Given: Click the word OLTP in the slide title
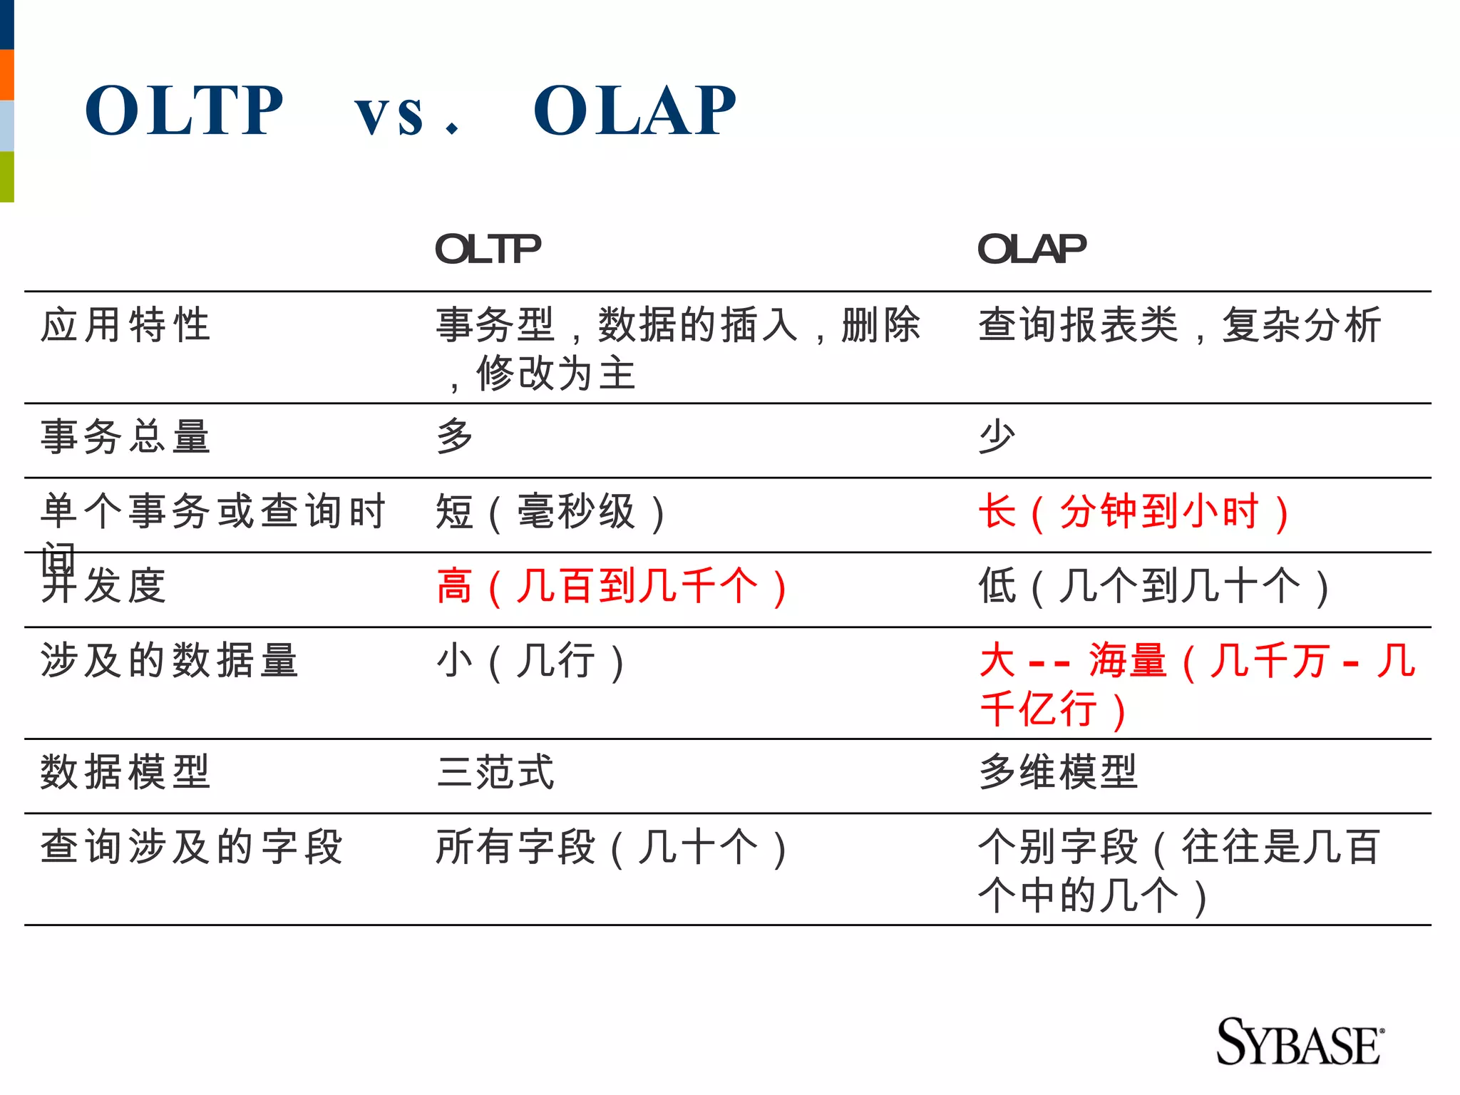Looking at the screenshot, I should pyautogui.click(x=184, y=110).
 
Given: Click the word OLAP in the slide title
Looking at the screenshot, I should pyautogui.click(x=634, y=110).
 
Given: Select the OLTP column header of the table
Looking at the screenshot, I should pyautogui.click(x=488, y=249).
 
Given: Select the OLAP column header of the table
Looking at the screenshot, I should pyautogui.click(x=1032, y=249).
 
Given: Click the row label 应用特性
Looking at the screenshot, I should pyautogui.click(x=125, y=325).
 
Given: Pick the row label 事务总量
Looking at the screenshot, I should pyautogui.click(x=125, y=436).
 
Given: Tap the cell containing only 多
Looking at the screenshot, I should pyautogui.click(x=455, y=436).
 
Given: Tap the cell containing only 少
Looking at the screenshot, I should pyautogui.click(x=997, y=436).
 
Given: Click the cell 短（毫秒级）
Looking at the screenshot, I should pyautogui.click(x=550, y=513).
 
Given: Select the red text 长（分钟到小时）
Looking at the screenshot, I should pyautogui.click(x=1133, y=513).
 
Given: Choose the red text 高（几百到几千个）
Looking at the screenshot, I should pyautogui.click(x=612, y=587).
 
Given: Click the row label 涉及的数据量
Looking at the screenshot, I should pyautogui.click(x=170, y=660).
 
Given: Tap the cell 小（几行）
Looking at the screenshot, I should pyautogui.click(x=530, y=661).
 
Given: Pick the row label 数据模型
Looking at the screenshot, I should pyautogui.click(x=125, y=772).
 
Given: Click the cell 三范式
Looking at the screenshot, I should pyautogui.click(x=495, y=772).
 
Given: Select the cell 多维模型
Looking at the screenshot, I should pyautogui.click(x=1058, y=772).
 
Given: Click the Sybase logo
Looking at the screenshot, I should pyautogui.click(x=1299, y=1042).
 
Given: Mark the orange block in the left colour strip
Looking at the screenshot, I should pyautogui.click(x=6, y=75).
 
